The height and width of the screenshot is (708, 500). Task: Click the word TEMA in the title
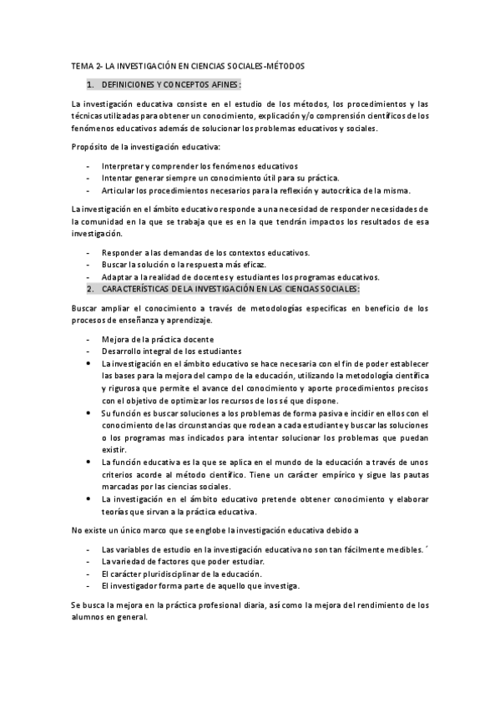[x=82, y=65]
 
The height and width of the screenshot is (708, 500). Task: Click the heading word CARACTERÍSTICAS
[x=140, y=288]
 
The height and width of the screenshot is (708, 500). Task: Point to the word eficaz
[x=252, y=265]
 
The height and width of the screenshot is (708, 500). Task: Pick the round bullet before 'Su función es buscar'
[x=90, y=412]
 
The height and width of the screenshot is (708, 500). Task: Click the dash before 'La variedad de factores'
[x=88, y=562]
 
